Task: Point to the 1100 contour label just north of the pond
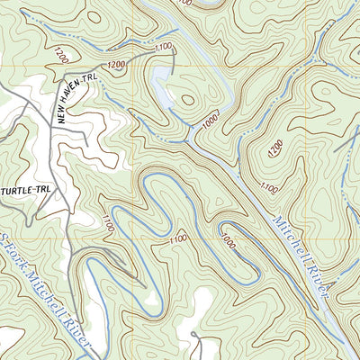coord(163,46)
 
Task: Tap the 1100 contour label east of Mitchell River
coord(267,187)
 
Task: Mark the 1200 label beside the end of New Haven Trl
coord(116,66)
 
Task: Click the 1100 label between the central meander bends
coord(177,238)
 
